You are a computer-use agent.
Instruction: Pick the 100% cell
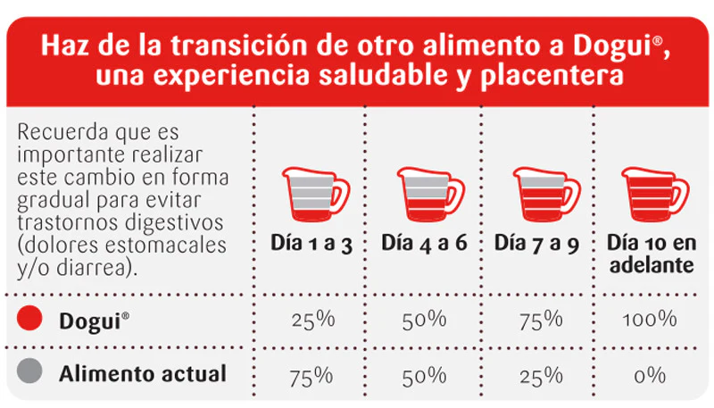(650, 320)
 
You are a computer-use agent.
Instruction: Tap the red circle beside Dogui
(31, 320)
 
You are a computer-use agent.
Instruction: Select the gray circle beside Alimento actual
(31, 374)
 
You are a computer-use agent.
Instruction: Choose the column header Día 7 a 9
(540, 243)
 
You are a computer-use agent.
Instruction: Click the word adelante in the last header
(650, 265)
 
